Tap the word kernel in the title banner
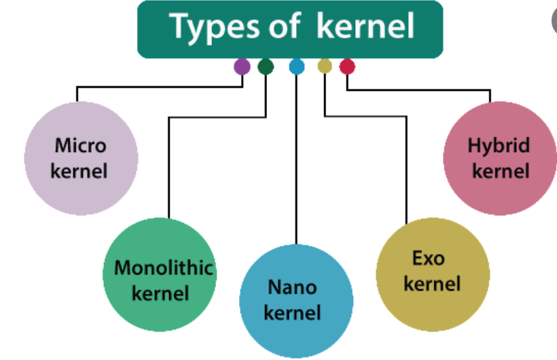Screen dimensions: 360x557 pos(365,26)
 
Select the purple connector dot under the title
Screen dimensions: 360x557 pos(242,66)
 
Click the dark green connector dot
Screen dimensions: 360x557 pos(266,66)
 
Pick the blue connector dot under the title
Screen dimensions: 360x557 pos(296,66)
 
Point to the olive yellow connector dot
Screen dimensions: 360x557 pos(325,66)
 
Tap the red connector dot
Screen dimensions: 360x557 pos(347,66)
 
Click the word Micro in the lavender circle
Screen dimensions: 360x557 pos(80,145)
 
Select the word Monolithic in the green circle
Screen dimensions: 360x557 pos(164,268)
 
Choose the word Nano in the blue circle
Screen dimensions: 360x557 pos(292,287)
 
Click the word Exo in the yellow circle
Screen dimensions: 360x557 pos(428,258)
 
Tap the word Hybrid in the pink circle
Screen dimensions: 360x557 pos(499,145)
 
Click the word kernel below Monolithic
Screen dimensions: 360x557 pos(160,293)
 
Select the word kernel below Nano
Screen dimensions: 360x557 pos(292,313)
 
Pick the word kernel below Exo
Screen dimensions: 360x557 pos(432,283)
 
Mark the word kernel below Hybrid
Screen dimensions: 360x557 pos(501,170)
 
